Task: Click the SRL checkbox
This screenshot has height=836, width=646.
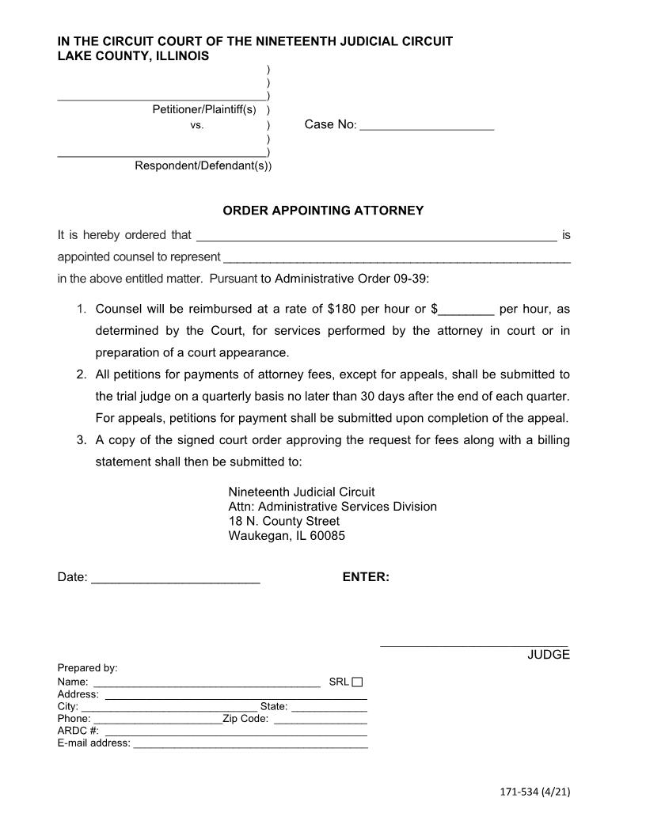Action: point(357,682)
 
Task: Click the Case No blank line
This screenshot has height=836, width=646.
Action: point(427,126)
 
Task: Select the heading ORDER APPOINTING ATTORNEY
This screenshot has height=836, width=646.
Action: point(323,211)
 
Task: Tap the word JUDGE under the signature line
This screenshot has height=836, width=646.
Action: point(549,655)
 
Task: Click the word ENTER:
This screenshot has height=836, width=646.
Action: point(366,577)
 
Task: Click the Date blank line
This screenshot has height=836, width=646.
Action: point(176,579)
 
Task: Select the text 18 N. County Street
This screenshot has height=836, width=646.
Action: point(283,521)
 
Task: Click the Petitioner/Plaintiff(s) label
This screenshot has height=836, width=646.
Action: point(204,109)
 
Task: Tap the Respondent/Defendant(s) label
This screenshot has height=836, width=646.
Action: point(202,165)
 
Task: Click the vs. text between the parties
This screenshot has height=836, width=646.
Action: point(197,125)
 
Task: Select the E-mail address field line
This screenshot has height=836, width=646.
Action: point(250,744)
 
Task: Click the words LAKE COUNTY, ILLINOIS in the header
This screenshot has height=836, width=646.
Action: point(133,56)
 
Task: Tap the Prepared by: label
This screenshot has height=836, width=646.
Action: point(87,668)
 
